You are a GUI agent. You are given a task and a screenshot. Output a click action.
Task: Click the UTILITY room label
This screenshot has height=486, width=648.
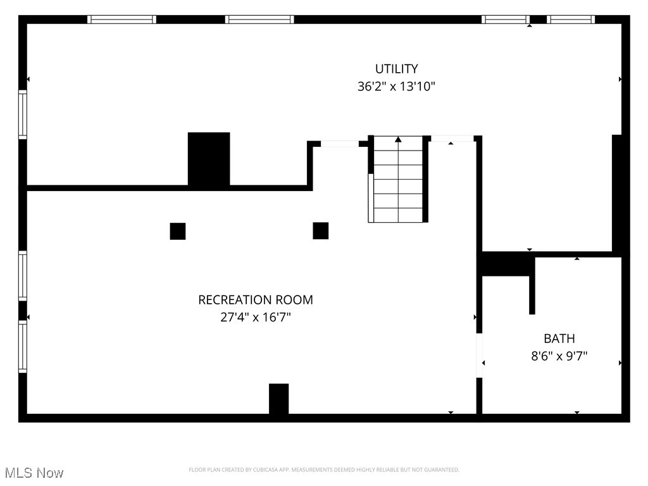coord(396,69)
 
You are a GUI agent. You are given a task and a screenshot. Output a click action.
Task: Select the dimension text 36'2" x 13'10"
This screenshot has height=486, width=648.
coord(396,87)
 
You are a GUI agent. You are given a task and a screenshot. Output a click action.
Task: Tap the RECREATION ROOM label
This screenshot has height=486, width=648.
coord(256,300)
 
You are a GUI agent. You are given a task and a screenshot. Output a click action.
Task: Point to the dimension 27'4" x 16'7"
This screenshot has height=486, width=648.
coord(256,318)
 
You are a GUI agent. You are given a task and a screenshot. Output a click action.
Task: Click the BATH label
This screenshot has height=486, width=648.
coord(559,339)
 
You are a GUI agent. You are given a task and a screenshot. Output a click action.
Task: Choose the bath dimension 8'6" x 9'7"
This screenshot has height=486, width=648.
coord(559,356)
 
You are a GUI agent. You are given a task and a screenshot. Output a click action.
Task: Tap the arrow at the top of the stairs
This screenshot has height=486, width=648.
coord(398,139)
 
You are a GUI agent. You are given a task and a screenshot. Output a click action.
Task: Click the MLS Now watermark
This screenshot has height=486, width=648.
coord(34,473)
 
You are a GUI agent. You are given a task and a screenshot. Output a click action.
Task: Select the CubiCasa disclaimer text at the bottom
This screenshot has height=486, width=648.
coord(324,470)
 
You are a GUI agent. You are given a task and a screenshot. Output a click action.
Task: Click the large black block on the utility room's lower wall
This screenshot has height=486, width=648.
coord(209,159)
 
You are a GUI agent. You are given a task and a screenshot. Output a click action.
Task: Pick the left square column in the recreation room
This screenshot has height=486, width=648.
coord(178,232)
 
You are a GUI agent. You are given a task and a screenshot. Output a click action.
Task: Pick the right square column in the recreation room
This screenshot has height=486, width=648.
coord(321,231)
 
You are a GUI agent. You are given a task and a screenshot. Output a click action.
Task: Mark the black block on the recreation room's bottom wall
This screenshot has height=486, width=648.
coord(278,399)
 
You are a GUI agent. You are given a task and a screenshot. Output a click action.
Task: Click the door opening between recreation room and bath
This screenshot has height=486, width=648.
coord(480,356)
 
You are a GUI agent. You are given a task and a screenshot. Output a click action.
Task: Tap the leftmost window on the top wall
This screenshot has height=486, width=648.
coord(121,20)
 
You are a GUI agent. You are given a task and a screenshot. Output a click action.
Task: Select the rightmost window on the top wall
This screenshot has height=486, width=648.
coord(571,20)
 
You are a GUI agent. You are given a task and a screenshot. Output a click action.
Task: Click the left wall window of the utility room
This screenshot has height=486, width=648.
coord(23,115)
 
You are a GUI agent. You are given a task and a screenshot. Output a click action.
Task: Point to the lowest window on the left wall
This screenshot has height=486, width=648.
coord(23,346)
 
